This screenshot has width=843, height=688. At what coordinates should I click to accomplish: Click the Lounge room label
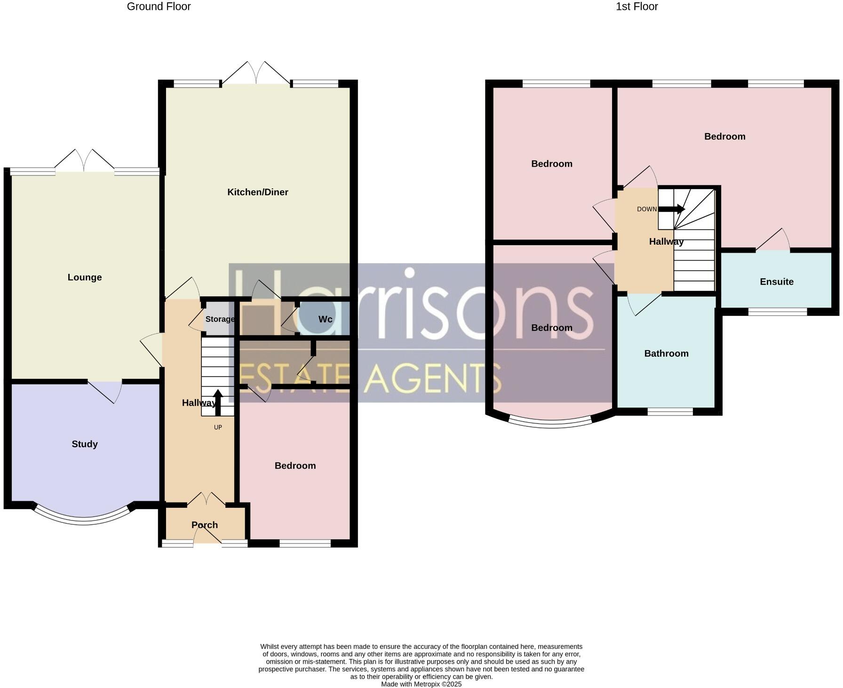85,277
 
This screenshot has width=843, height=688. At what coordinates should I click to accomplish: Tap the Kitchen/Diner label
257,192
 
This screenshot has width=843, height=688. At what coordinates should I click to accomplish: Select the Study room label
85,444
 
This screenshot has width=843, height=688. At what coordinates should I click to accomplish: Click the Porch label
205,525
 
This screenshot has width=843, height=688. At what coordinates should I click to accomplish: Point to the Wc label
325,319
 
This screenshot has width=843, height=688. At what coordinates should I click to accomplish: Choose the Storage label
220,319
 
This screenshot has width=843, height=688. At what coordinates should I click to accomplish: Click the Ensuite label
776,281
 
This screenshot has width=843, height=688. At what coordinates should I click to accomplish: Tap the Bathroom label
666,353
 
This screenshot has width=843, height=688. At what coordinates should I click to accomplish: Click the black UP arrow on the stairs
218,402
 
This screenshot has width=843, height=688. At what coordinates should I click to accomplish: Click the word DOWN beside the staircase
647,209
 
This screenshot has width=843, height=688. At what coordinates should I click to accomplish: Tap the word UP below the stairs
218,427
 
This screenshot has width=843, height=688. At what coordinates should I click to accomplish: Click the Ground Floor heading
159,7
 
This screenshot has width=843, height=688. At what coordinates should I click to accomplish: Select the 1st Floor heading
636,7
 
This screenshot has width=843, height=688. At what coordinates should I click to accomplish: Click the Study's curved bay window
84,520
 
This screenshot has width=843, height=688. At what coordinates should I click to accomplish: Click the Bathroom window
670,412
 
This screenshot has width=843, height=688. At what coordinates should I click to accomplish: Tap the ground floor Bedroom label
295,465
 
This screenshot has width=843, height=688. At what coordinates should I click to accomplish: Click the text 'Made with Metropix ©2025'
421,684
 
